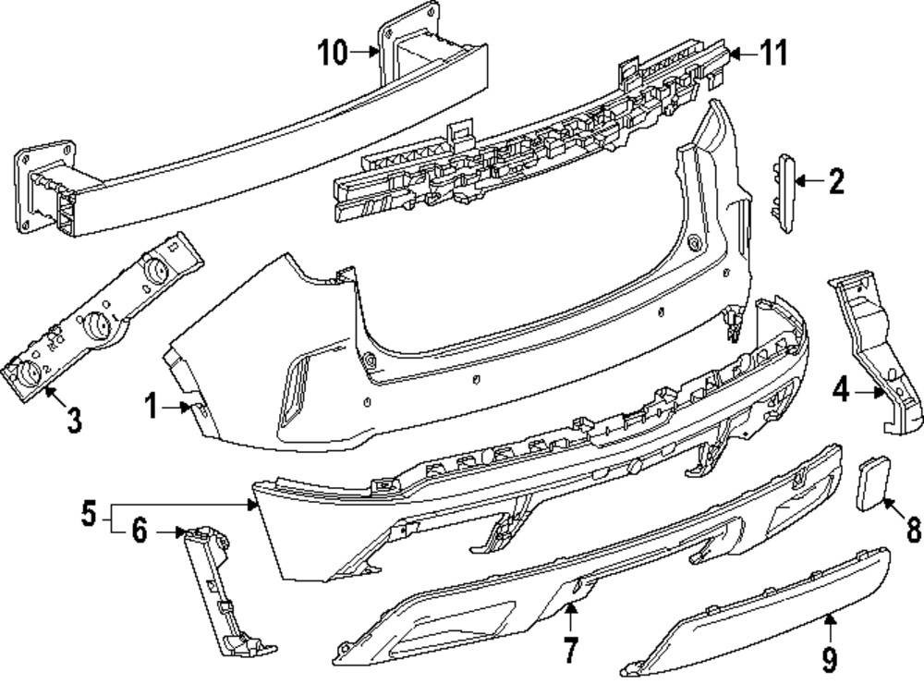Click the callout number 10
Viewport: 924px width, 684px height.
point(334,54)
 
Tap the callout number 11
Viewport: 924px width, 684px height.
point(773,54)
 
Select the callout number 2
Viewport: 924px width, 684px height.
point(835,181)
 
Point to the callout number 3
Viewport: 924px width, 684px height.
point(74,421)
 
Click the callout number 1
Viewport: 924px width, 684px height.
point(151,405)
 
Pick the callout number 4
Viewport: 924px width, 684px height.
point(840,392)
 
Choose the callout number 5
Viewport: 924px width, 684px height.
point(88,513)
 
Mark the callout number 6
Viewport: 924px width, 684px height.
point(140,531)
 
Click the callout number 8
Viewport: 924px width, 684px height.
point(912,530)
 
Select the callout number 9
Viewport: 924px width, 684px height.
point(829,658)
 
